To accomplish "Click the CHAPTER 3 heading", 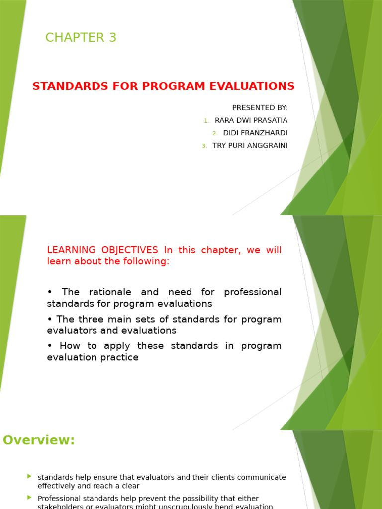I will (x=81, y=38).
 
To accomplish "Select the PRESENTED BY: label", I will (x=260, y=108).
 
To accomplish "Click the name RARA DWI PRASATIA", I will (x=251, y=120).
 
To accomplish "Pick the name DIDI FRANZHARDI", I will (x=255, y=133).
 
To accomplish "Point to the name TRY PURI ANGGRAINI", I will (x=250, y=145).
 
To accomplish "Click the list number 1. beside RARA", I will (x=207, y=121).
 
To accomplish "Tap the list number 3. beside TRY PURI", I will (x=204, y=146).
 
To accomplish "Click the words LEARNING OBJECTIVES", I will (x=102, y=250).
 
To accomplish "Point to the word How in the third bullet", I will (x=69, y=345).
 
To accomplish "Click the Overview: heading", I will (x=39, y=440).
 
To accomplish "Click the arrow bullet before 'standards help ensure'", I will (x=30, y=476).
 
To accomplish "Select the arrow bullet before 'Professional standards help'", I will (x=30, y=497).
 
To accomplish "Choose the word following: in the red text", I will (x=149, y=261).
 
